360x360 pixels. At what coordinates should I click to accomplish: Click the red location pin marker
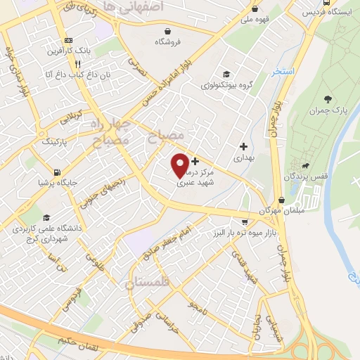180,165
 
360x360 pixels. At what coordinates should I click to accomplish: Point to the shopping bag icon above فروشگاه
168,30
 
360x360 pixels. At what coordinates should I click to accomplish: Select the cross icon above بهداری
244,147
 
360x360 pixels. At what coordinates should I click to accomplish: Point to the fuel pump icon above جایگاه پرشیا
56,171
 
